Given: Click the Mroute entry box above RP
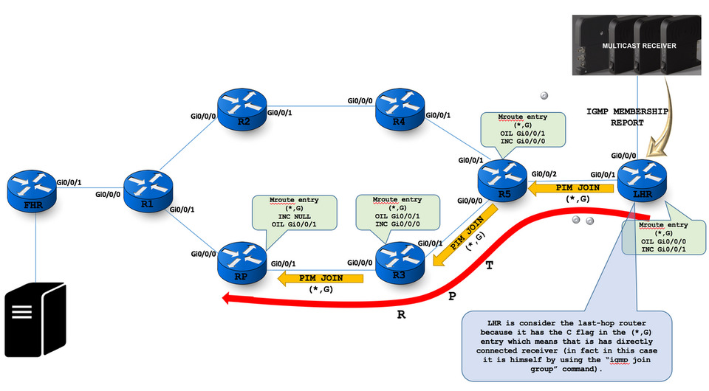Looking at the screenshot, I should pos(295,214).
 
